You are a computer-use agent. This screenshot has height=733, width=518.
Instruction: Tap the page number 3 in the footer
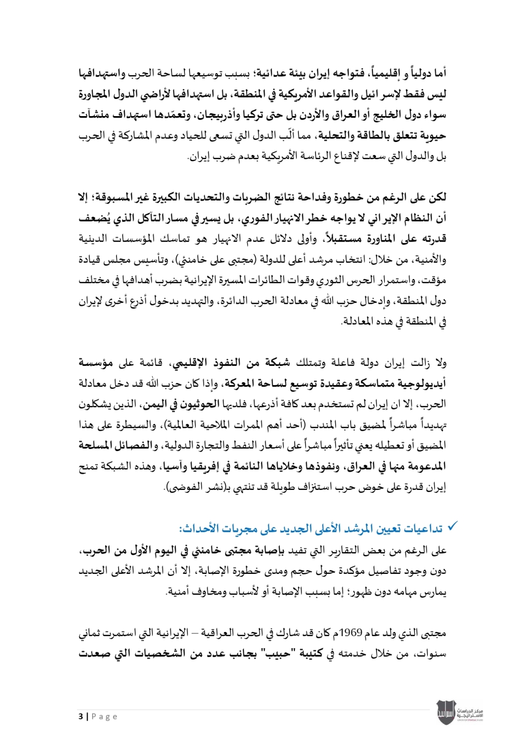81,716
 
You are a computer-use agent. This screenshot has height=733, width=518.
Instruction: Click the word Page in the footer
105,716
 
